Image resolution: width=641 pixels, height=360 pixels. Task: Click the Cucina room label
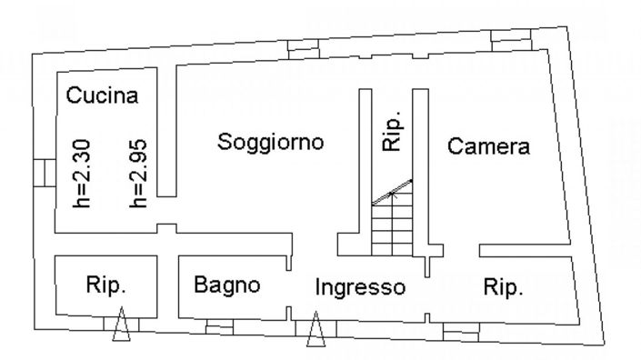coord(103,95)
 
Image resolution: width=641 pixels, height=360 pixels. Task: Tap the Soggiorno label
coord(272,142)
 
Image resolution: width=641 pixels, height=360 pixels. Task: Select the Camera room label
coord(489,145)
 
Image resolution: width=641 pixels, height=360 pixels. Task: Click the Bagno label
coord(227,285)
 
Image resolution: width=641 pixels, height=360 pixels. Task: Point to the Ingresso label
coord(359,287)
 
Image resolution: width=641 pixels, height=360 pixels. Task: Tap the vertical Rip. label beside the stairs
coord(392,135)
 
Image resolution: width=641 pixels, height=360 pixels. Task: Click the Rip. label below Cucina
coord(105,285)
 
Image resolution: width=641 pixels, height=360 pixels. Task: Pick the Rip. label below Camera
coord(503,287)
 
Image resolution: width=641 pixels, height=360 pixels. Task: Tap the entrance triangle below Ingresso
coord(315,330)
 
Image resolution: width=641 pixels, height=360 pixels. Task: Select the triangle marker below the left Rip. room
coord(121,328)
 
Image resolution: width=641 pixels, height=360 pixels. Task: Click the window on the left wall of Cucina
coord(40,172)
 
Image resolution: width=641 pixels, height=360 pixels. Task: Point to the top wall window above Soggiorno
coord(299,51)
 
